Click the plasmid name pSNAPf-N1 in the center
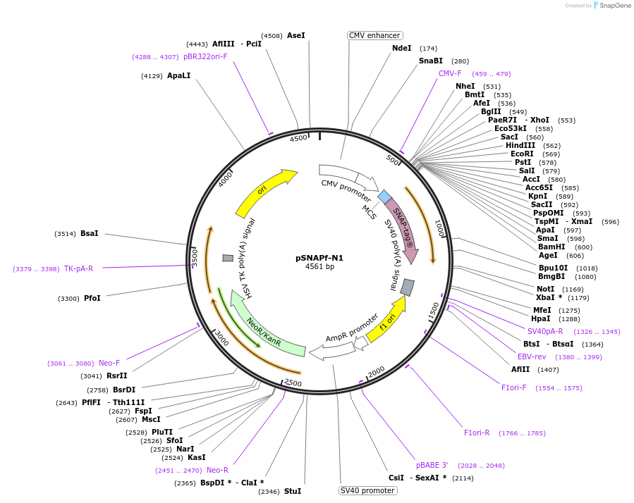coord(319,258)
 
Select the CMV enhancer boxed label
coord(375,35)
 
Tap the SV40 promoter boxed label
coord(367,490)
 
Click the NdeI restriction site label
coord(401,48)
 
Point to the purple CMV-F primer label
coord(450,73)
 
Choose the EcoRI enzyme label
coord(522,154)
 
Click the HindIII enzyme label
coord(520,145)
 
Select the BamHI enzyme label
coord(551,247)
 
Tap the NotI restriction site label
coord(545,289)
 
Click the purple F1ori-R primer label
coord(481,433)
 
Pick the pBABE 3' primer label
coord(432,465)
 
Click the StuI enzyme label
coord(292,491)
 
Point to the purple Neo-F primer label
coord(109,363)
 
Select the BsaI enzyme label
coord(90,233)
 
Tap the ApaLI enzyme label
coord(178,75)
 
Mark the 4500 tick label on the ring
coord(299,139)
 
